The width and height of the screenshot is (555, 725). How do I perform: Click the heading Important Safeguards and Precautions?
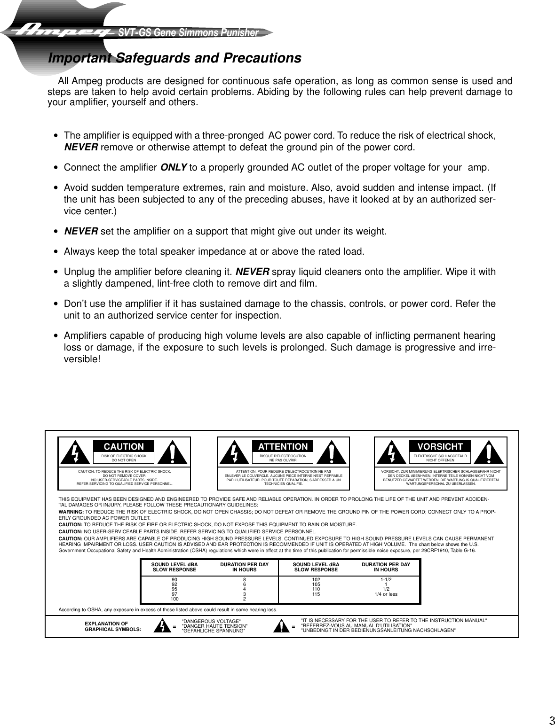(174, 58)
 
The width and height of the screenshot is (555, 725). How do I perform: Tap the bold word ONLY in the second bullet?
(174, 168)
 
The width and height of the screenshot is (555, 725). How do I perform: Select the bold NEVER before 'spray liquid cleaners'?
(252, 272)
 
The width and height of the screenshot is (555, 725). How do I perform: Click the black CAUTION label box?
(124, 446)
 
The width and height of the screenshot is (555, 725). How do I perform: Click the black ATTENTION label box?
(283, 446)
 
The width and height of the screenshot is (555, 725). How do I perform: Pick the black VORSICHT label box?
(440, 446)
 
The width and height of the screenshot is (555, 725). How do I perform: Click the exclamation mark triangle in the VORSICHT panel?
(490, 452)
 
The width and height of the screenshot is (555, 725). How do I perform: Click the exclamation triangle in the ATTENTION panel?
(332, 452)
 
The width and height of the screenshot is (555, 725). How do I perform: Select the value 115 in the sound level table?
(316, 594)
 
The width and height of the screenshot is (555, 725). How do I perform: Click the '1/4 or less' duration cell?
(386, 594)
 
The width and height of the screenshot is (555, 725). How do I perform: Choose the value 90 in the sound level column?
(174, 580)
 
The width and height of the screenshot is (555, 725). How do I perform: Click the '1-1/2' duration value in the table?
(386, 580)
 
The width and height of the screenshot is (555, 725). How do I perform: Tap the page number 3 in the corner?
(551, 707)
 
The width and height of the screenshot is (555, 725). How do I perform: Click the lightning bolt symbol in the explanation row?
(162, 626)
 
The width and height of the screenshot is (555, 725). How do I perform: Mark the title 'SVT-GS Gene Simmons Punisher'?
(189, 33)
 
